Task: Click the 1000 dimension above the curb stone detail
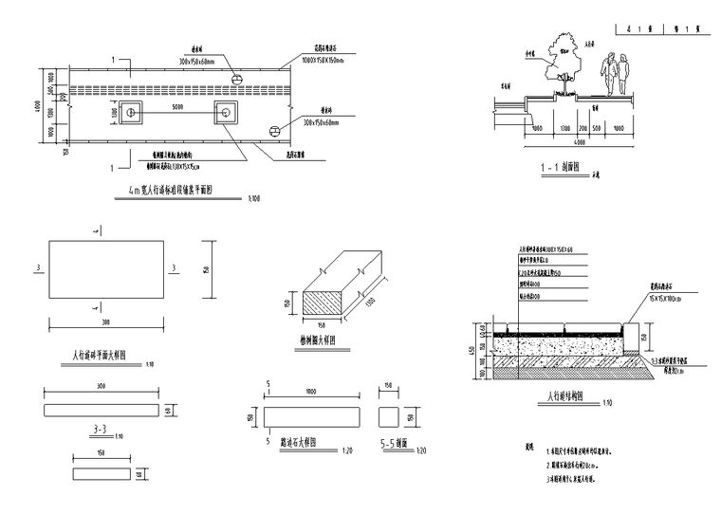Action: [x=311, y=392]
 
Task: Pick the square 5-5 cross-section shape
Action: [x=389, y=418]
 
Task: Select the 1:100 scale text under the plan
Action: [x=253, y=198]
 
